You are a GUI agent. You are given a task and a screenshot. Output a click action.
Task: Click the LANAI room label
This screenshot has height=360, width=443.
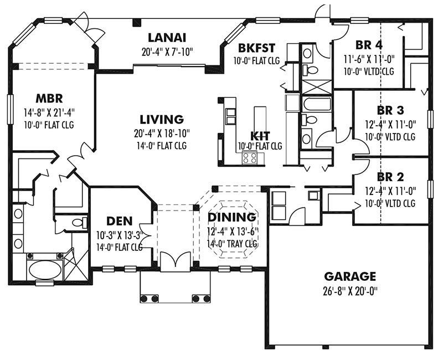pos(167,38)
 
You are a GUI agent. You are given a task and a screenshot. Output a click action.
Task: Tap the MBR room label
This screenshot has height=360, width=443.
pos(49,99)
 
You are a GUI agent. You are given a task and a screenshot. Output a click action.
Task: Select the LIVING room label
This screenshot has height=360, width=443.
pos(162,119)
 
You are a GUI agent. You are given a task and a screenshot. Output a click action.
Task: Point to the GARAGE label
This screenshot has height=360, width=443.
pos(350,276)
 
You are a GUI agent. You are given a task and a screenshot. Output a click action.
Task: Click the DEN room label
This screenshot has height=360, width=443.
pos(119,221)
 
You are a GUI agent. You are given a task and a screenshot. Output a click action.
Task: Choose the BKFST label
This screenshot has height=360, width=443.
pos(256,48)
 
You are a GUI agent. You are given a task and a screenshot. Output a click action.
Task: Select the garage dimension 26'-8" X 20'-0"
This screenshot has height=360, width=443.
pos(350,291)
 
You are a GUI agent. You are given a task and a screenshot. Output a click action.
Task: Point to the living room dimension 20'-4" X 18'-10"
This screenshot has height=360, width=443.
pos(162,133)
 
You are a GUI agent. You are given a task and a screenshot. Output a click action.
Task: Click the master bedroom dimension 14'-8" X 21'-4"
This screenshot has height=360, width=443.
pos(49,112)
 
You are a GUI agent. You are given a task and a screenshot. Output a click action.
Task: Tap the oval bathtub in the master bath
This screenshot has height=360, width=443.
pos(45,269)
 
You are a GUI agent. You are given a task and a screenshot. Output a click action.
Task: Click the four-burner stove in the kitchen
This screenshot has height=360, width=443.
pos(250,158)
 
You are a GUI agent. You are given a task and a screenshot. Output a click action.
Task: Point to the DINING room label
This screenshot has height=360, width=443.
pos(232,217)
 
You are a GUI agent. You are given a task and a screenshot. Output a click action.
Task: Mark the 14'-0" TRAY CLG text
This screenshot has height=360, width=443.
pos(232,244)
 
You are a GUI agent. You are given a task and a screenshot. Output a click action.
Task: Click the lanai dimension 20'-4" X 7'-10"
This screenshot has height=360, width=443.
pos(167,52)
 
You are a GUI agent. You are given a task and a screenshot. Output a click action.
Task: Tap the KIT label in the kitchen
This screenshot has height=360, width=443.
pos(260,136)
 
